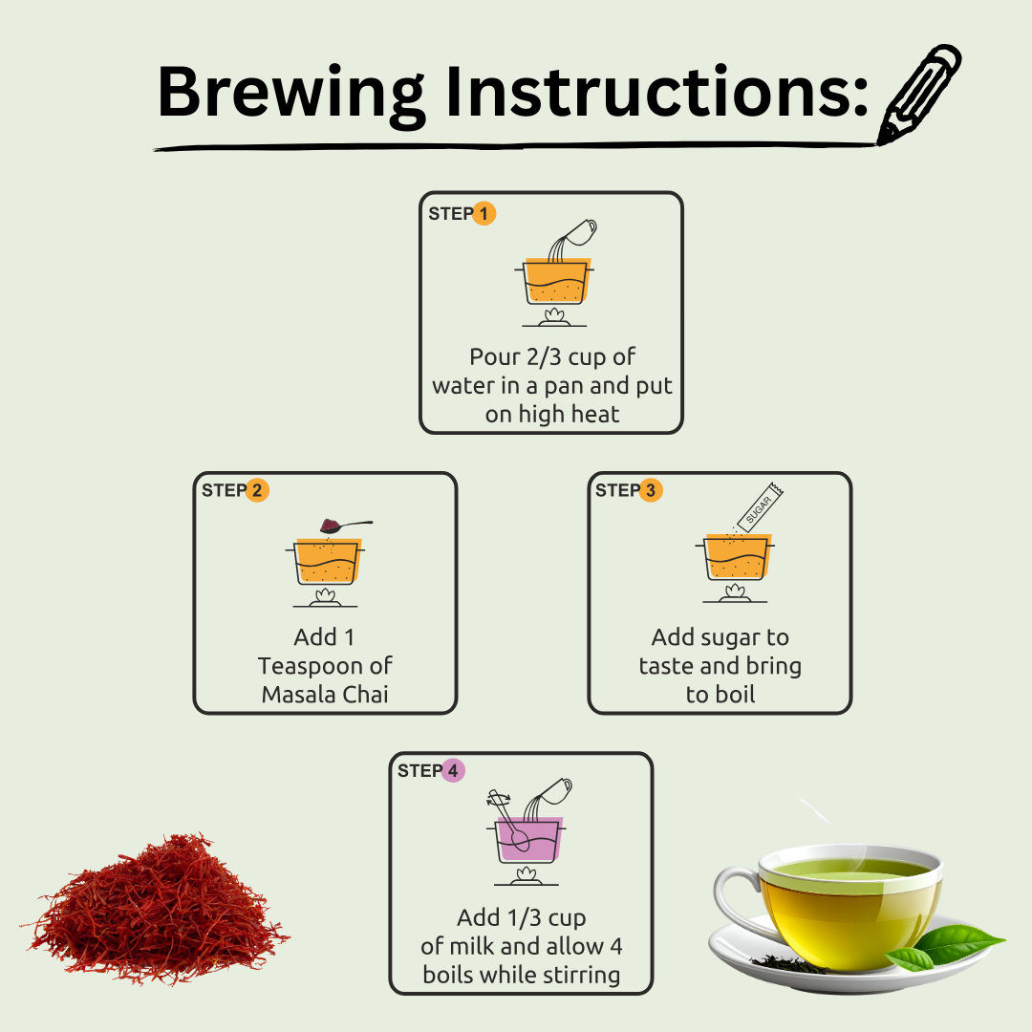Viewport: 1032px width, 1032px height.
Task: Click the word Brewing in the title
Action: (x=291, y=94)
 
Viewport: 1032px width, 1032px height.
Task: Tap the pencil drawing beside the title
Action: (x=919, y=94)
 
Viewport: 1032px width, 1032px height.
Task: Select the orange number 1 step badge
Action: (x=484, y=213)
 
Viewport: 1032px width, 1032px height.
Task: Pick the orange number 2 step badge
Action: (x=257, y=490)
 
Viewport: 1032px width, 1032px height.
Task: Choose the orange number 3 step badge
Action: (x=651, y=490)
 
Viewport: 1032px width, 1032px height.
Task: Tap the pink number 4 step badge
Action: (x=452, y=771)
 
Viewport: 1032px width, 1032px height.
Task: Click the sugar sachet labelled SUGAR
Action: (x=761, y=506)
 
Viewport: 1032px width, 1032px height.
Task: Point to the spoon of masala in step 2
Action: (x=346, y=526)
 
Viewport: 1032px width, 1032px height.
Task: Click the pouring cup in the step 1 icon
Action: (x=580, y=232)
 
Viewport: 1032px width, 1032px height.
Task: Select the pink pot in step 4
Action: (x=527, y=839)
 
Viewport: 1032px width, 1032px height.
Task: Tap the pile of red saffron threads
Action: (x=157, y=909)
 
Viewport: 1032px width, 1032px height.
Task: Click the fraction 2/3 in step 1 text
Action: (x=544, y=356)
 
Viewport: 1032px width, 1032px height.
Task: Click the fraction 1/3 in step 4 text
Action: (x=525, y=917)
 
